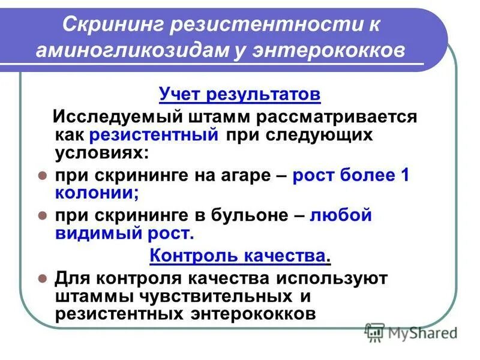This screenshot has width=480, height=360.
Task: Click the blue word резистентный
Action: pos(154,134)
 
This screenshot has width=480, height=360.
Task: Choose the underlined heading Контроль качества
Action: pos(238,256)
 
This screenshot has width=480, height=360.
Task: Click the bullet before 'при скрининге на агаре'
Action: pos(43,176)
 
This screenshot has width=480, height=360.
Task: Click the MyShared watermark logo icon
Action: pos(376,331)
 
